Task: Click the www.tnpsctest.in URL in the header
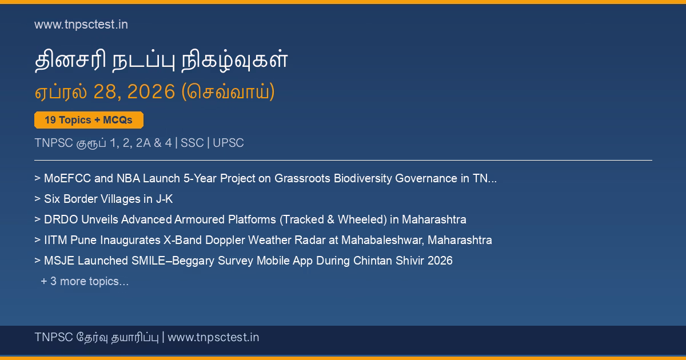(x=81, y=25)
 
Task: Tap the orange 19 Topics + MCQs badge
(x=89, y=120)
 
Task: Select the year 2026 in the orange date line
(x=151, y=91)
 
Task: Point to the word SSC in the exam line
(x=192, y=143)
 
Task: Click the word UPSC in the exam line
(x=228, y=143)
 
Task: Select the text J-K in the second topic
(x=164, y=199)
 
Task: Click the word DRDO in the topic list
(x=61, y=219)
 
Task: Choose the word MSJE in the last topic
(x=59, y=261)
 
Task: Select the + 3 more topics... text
(x=85, y=281)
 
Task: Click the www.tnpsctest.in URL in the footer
(x=213, y=337)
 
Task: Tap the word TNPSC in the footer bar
(x=54, y=337)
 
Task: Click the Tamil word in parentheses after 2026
(x=228, y=91)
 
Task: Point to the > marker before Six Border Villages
(x=37, y=199)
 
